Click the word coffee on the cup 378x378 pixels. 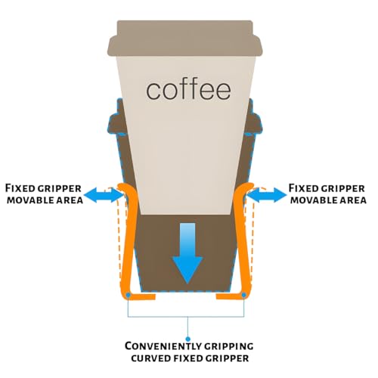point(188,90)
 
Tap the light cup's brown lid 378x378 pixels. point(185,38)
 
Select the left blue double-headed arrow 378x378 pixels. point(104,195)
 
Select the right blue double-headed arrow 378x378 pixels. point(267,195)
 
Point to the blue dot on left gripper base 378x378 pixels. point(128,295)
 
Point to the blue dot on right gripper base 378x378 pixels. point(243,295)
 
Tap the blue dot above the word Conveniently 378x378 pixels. point(187,339)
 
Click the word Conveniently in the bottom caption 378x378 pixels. point(163,346)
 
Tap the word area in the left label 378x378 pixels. point(71,200)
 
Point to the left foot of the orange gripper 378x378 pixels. point(141,296)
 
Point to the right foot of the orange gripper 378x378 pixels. point(231,296)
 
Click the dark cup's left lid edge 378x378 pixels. point(113,123)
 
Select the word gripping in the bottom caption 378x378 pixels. point(228,346)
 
